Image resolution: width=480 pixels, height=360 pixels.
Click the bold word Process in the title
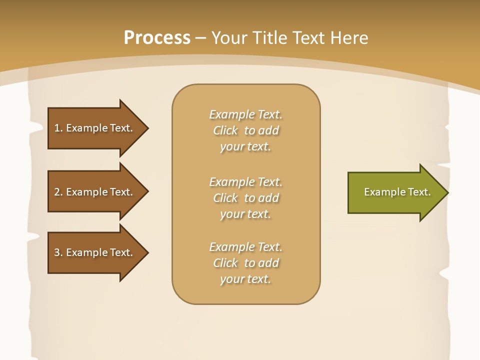click(x=157, y=38)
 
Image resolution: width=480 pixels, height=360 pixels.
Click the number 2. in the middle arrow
click(x=58, y=192)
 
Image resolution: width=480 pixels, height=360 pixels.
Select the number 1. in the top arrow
click(x=58, y=128)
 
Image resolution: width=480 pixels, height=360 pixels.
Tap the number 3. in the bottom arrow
click(x=58, y=252)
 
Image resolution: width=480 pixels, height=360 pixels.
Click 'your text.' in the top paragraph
click(x=245, y=147)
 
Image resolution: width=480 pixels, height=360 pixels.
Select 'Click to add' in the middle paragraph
click(x=245, y=198)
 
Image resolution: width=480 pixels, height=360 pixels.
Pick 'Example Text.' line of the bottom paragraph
click(x=245, y=247)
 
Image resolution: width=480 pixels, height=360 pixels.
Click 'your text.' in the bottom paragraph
click(x=245, y=279)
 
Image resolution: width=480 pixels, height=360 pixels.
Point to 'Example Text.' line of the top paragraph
click(x=245, y=114)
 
